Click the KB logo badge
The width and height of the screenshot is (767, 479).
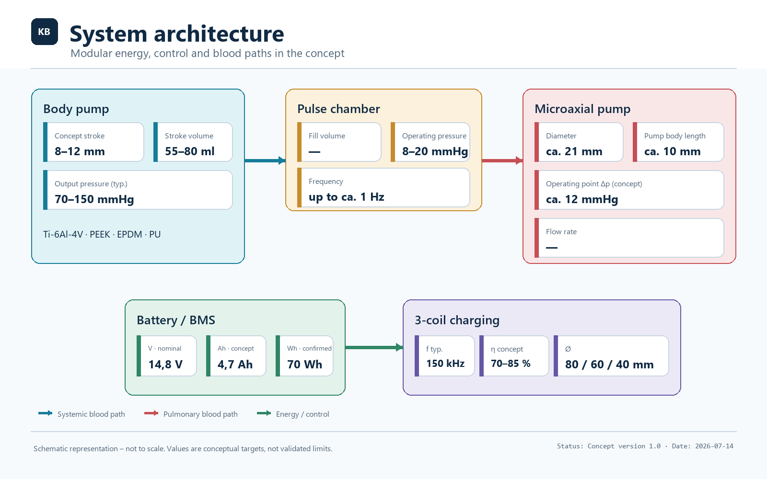click(45, 32)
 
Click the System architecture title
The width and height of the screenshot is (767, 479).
click(177, 34)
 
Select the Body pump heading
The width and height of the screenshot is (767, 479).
click(76, 109)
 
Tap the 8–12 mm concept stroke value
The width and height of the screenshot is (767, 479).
click(80, 151)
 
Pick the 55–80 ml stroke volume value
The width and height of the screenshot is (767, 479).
click(190, 151)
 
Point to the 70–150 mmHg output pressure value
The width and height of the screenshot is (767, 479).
click(94, 199)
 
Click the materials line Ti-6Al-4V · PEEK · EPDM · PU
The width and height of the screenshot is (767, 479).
click(102, 234)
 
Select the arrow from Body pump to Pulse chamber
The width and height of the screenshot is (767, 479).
click(265, 160)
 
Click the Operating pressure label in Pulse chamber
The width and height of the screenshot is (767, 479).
click(434, 136)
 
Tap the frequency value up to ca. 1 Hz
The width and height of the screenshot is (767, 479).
click(347, 197)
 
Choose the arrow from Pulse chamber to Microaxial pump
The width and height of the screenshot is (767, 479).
click(502, 160)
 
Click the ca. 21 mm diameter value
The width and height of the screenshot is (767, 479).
click(574, 151)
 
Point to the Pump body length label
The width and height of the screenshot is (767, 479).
click(675, 136)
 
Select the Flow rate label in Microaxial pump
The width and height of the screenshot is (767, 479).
click(561, 232)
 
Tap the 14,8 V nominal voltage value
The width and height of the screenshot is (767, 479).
click(165, 365)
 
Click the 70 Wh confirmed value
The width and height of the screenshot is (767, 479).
click(304, 365)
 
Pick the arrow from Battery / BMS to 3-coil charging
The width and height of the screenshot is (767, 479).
click(374, 348)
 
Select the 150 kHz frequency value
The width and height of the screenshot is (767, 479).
click(445, 364)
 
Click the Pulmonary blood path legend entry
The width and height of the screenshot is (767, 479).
click(191, 414)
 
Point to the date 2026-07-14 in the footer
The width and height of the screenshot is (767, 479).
click(714, 446)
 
